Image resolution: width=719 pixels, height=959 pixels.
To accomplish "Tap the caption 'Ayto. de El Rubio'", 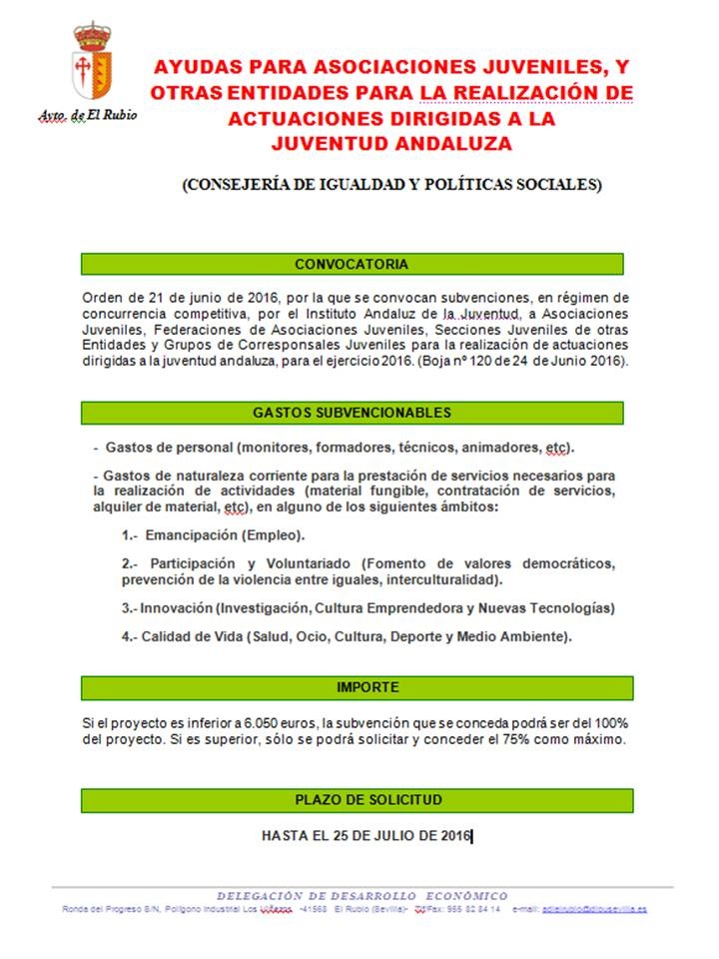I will (87, 115).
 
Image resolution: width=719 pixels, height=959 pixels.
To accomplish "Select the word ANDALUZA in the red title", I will (456, 143).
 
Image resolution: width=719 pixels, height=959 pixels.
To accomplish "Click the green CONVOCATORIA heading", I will (352, 265).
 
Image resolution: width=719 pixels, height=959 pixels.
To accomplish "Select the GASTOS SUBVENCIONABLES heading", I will (352, 413).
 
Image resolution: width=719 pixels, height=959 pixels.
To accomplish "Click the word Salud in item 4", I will (273, 636).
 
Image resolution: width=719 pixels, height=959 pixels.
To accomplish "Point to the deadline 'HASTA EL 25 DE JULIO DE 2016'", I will (365, 835).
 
